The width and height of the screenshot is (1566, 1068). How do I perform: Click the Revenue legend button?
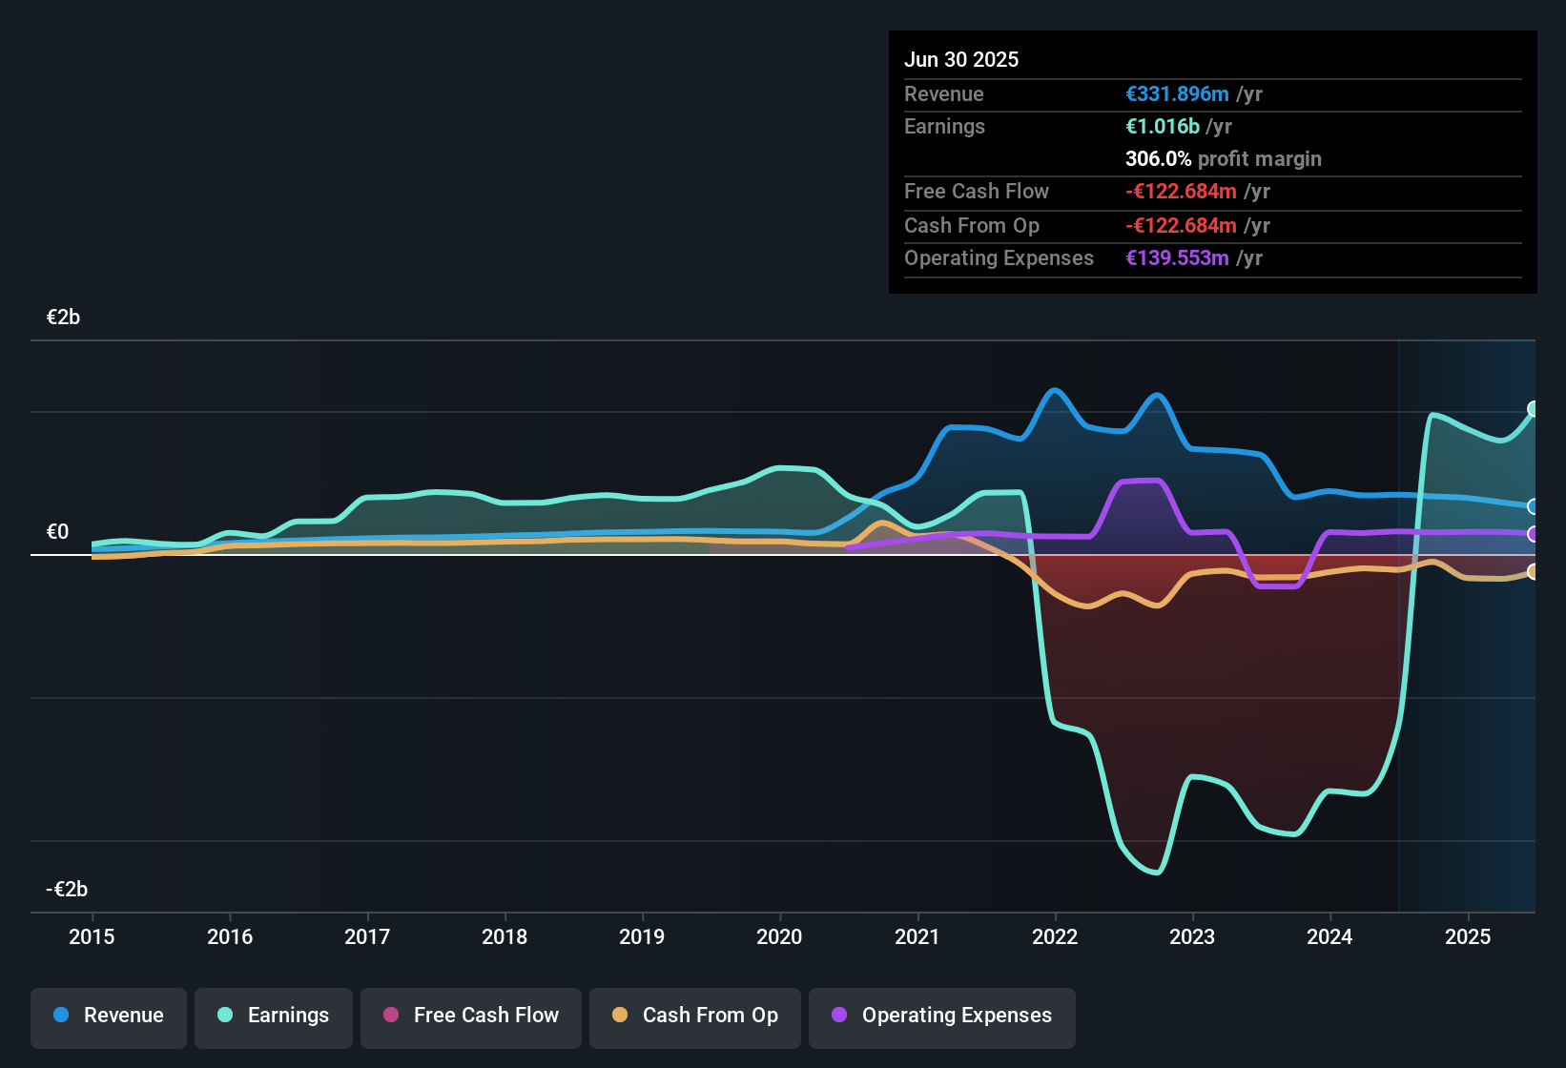[x=109, y=1017]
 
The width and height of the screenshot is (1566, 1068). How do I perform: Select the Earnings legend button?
[x=273, y=1017]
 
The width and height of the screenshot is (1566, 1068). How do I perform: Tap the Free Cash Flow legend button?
[x=471, y=1017]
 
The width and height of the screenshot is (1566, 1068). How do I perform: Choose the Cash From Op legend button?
[x=695, y=1017]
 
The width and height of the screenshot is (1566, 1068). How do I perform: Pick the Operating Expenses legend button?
[x=941, y=1017]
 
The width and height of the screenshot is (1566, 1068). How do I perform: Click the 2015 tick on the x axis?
[x=92, y=937]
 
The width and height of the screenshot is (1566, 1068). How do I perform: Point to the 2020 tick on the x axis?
[x=779, y=937]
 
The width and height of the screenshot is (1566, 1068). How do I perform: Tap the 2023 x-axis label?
[x=1192, y=937]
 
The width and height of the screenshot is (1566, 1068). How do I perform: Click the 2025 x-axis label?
[x=1467, y=937]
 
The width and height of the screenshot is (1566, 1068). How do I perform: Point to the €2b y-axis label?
[x=63, y=318]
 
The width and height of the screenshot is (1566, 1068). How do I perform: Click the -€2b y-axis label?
[x=67, y=890]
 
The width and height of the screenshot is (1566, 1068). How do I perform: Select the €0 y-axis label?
[x=57, y=532]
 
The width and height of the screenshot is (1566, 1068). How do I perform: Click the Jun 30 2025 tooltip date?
[x=961, y=60]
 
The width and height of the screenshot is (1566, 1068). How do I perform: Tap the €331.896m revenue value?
[x=1177, y=94]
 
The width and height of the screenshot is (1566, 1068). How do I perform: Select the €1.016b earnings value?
[x=1162, y=127]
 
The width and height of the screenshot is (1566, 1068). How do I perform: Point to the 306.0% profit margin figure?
[x=1158, y=159]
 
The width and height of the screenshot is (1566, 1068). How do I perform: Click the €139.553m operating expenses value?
[x=1177, y=258]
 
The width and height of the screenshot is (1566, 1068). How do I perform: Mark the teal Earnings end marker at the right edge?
[x=1534, y=409]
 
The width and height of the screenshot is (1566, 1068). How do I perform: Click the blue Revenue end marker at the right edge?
[x=1534, y=506]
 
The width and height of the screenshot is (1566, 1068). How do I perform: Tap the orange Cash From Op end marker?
[x=1534, y=572]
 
